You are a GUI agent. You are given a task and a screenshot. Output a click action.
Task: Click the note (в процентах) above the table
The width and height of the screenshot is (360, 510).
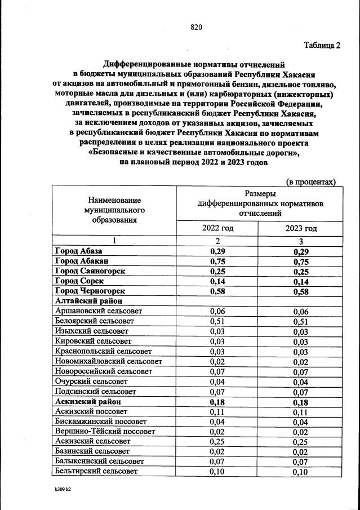311,181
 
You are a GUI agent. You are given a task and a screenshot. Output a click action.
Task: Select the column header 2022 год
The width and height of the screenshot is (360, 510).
217,228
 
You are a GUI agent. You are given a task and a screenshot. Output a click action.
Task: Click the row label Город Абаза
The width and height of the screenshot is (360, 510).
78,251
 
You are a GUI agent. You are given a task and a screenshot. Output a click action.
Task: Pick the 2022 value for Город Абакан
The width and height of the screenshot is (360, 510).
217,261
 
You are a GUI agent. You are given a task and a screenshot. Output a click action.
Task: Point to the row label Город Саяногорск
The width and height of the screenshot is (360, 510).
90,271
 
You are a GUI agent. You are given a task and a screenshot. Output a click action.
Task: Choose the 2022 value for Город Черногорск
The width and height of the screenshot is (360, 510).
217,291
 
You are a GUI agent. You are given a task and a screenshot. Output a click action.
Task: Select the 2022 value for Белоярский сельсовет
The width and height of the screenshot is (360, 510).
217,321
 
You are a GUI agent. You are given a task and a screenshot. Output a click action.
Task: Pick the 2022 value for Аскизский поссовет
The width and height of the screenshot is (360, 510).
217,411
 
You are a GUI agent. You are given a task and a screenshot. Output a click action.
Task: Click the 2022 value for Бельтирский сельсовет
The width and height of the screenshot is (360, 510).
217,472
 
